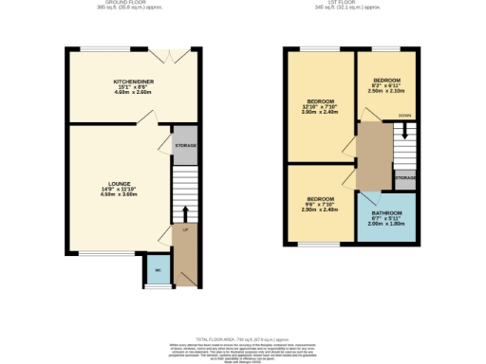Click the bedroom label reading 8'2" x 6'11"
tap(386, 84)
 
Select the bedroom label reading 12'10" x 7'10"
tap(320, 104)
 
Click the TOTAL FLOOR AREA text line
tap(242, 337)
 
